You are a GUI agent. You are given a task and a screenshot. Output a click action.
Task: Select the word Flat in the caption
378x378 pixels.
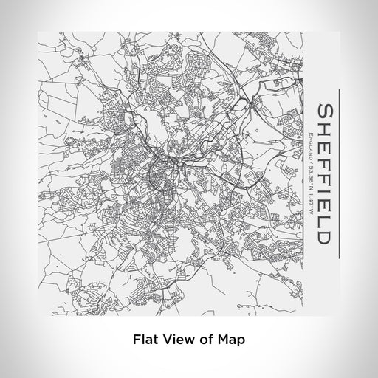tap(145, 340)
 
